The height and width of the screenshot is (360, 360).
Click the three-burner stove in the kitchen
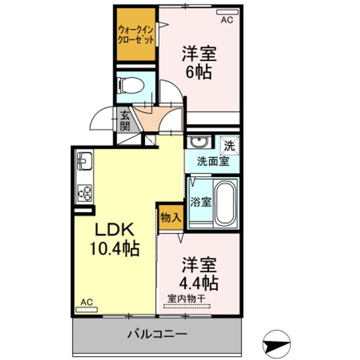click(84, 193)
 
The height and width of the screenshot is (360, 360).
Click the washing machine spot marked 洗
click(229, 145)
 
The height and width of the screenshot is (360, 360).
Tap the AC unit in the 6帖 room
click(227, 12)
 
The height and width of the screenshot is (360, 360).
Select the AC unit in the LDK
click(86, 309)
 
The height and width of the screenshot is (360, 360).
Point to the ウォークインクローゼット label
click(135, 35)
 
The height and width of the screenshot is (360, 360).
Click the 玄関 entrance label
click(125, 121)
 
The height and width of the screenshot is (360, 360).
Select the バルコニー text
click(157, 334)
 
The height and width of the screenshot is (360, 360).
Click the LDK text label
click(114, 229)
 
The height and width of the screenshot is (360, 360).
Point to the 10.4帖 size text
click(114, 248)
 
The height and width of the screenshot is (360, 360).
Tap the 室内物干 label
click(186, 299)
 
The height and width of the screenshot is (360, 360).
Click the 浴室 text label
click(200, 202)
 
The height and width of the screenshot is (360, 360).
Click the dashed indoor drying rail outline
click(187, 306)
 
